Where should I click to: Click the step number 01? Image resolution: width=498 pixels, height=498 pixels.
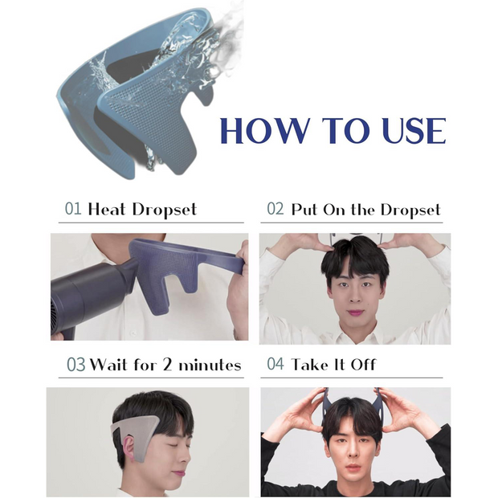(x=73, y=210)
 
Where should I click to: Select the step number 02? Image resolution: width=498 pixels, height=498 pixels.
(x=275, y=210)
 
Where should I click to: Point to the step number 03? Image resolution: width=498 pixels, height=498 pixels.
(x=76, y=365)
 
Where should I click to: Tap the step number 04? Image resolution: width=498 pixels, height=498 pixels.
(x=275, y=364)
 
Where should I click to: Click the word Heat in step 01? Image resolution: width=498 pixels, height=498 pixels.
(x=106, y=210)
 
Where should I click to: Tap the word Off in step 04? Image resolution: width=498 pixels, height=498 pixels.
(x=363, y=364)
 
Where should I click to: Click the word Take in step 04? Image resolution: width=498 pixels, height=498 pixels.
(x=308, y=364)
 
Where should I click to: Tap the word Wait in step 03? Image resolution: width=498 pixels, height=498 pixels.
(x=108, y=365)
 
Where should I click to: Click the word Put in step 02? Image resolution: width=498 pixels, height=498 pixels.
(x=304, y=210)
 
